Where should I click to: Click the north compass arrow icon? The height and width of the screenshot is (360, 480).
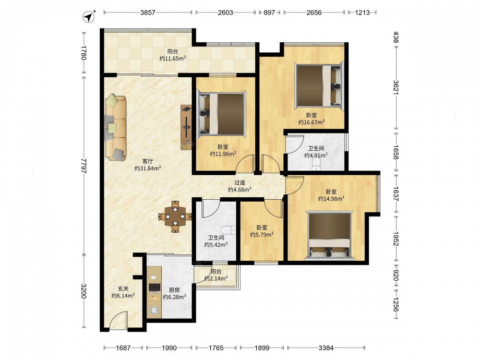point(88,16)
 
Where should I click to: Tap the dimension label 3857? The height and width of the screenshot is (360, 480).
point(148,12)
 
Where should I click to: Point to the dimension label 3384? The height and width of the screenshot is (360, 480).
point(326,348)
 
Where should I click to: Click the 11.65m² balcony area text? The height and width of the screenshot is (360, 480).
point(173,59)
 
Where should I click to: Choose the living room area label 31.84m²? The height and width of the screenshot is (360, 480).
point(148,168)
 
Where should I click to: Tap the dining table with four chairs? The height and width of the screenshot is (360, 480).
point(175,216)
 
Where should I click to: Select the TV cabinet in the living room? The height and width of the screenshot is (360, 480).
point(186,127)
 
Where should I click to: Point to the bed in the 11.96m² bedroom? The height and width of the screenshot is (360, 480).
point(221,114)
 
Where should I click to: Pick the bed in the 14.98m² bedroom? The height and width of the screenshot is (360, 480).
point(329,235)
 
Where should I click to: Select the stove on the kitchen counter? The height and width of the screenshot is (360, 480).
point(155,287)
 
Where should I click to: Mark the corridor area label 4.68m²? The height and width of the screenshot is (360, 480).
point(240,190)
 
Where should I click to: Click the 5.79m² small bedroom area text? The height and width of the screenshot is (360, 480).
point(262,235)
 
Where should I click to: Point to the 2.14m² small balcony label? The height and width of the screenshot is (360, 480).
point(216,278)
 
